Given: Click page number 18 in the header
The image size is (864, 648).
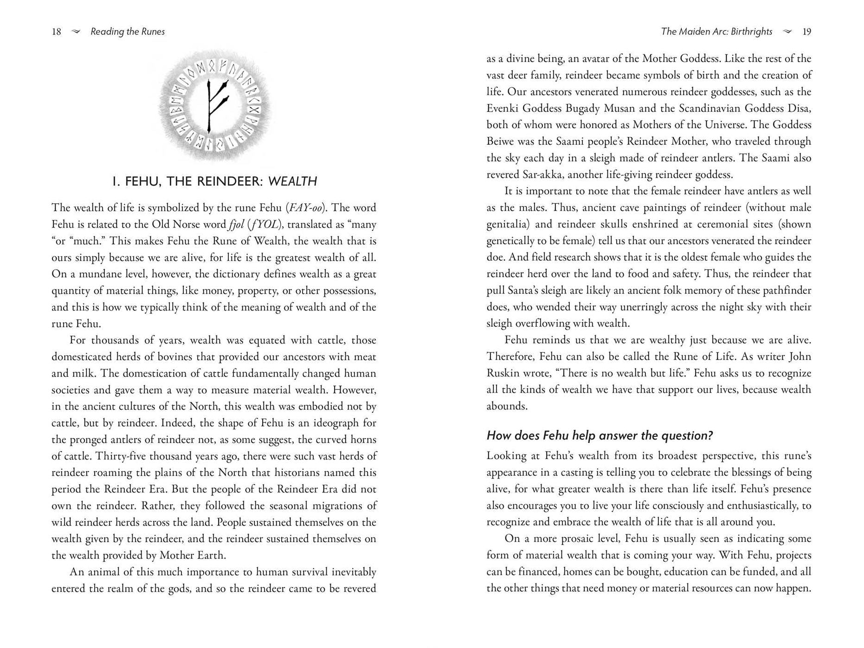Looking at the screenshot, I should [x=56, y=32].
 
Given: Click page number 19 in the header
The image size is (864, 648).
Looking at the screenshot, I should [x=806, y=32].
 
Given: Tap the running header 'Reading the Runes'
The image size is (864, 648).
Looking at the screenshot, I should [x=128, y=32].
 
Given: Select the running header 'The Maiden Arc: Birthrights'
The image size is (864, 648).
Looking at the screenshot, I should [x=716, y=32].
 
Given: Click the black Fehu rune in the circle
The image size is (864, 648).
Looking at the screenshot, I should [x=215, y=105].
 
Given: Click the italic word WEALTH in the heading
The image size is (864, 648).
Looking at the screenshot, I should [x=292, y=181].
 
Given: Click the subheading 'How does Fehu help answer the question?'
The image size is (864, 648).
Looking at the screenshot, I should [x=600, y=435].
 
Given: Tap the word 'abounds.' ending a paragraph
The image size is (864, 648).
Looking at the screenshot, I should [x=507, y=406].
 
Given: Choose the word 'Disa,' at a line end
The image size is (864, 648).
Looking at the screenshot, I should [x=799, y=108].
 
